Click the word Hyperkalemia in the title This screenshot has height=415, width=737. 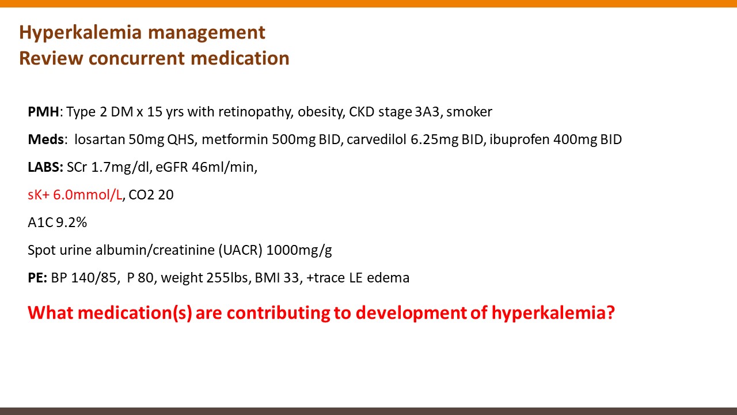point(80,33)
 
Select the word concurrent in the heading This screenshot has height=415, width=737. point(136,58)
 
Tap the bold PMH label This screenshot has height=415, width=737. point(43,112)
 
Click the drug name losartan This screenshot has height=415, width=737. point(100,139)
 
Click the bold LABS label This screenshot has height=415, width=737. point(45,167)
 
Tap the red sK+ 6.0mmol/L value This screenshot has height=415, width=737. point(75,195)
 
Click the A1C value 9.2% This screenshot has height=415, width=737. point(71,222)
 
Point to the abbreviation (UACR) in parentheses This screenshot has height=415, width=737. point(241,250)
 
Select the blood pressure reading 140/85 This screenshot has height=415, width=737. point(94,278)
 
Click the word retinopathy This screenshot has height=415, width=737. point(255,112)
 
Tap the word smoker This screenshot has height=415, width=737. point(469,112)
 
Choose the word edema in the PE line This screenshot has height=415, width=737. point(388,278)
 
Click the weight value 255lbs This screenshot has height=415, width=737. point(229,278)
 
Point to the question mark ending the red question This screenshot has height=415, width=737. point(610,312)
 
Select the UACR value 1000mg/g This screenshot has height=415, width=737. point(299,250)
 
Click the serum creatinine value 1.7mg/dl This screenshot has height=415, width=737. point(121,167)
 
